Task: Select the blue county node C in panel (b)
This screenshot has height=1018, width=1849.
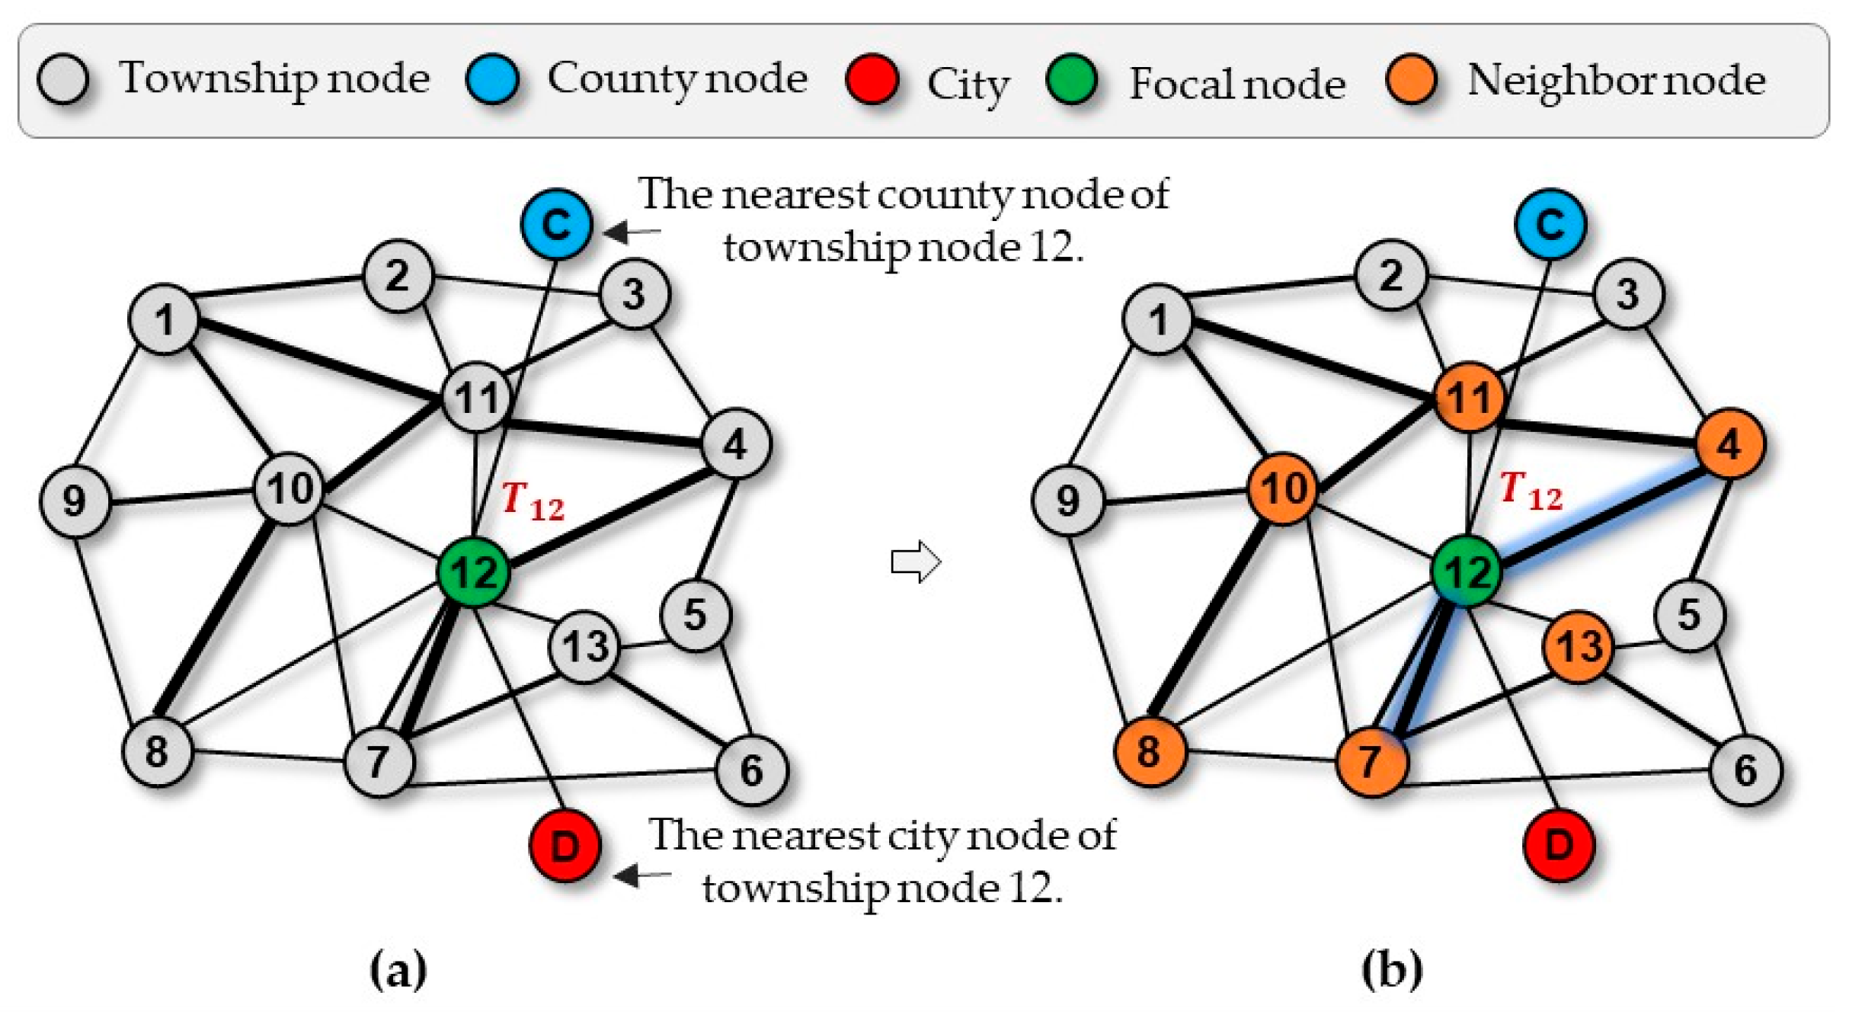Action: click(1550, 224)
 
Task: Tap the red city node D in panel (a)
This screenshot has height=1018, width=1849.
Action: click(565, 846)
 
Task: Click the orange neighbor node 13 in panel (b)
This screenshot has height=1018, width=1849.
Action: click(1579, 646)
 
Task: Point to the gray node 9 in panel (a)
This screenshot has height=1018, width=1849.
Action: click(75, 501)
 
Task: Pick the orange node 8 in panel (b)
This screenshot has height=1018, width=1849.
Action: click(1149, 751)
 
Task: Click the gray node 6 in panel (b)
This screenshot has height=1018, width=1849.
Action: click(1745, 770)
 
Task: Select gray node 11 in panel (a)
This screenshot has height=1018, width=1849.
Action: click(477, 398)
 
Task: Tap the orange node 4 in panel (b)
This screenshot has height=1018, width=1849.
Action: click(1729, 443)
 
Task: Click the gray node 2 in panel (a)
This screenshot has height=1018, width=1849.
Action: click(398, 276)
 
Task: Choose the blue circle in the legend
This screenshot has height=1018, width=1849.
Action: click(492, 78)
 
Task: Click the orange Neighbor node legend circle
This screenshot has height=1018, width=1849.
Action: click(1411, 79)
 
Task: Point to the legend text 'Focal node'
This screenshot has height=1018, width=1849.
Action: click(1236, 83)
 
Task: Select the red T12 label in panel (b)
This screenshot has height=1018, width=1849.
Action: click(1531, 491)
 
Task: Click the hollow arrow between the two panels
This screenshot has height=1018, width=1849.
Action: click(916, 562)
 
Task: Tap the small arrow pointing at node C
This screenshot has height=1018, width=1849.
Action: click(631, 231)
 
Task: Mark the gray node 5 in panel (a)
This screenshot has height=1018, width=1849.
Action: click(695, 614)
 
